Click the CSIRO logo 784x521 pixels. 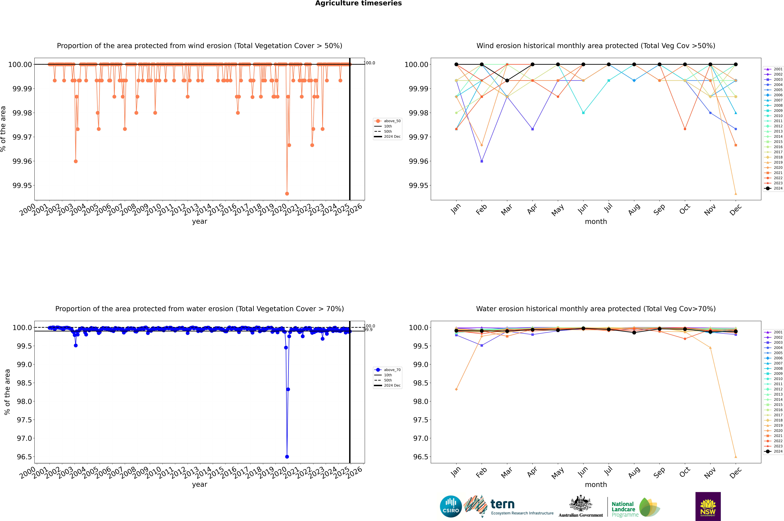click(451, 506)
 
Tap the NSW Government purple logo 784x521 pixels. click(708, 506)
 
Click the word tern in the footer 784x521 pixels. click(503, 504)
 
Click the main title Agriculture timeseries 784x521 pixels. click(358, 3)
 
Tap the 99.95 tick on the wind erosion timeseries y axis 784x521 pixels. click(22, 185)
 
